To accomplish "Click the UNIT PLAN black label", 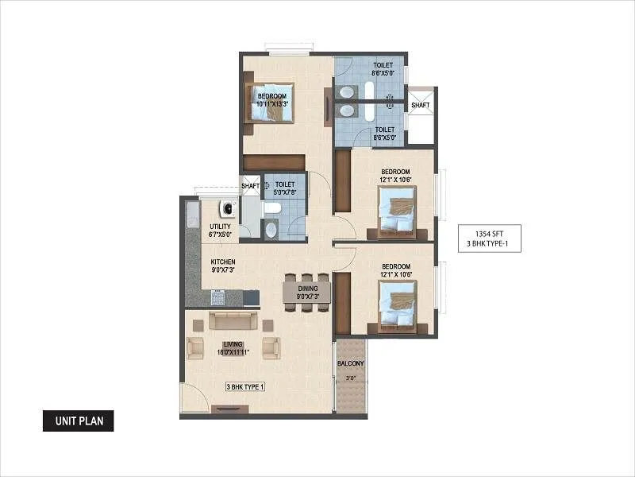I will tap(78, 421).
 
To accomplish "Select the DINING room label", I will tap(308, 289).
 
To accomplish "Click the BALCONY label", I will tap(351, 363).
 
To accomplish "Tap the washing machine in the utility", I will tap(228, 210).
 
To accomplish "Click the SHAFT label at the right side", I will tap(421, 104).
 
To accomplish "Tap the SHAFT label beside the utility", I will tap(250, 186).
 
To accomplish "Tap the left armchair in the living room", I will tap(195, 347).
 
